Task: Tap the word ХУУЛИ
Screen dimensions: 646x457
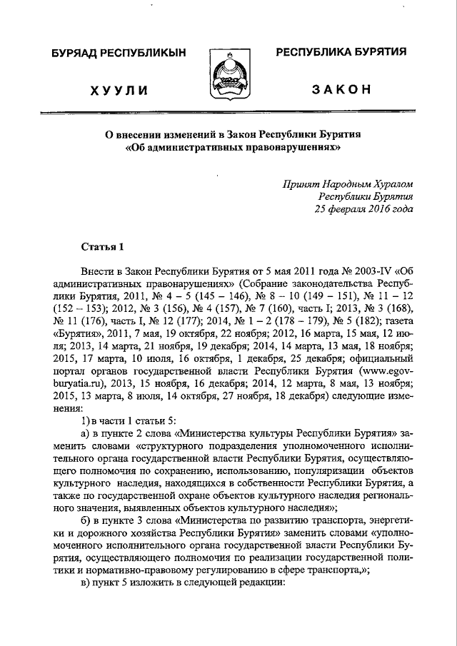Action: point(119,89)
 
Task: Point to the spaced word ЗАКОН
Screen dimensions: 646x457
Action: point(341,89)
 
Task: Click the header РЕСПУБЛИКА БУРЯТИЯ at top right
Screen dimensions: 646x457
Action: point(341,52)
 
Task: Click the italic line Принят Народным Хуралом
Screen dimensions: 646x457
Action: point(347,183)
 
